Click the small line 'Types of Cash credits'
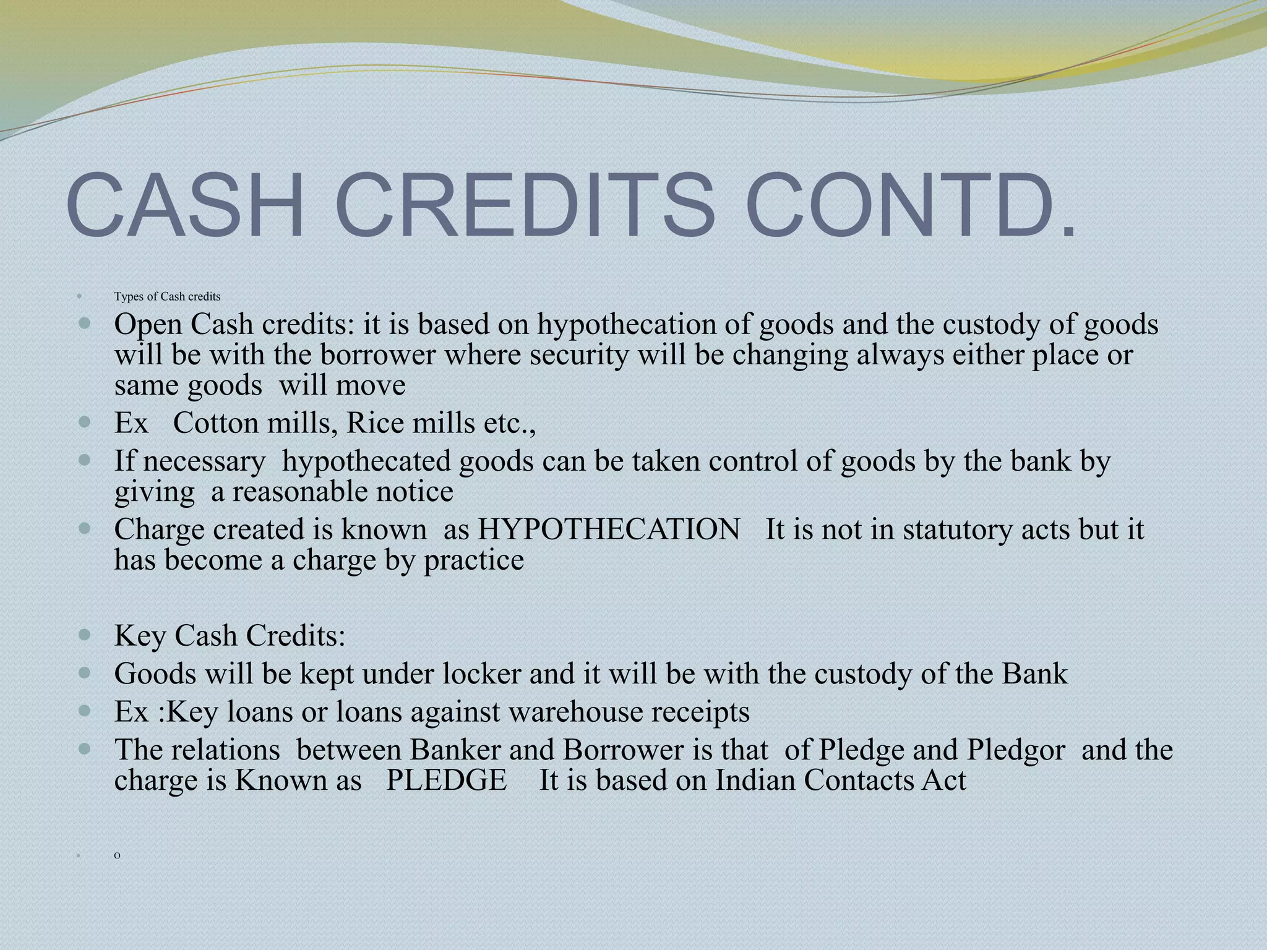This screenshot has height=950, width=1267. (167, 297)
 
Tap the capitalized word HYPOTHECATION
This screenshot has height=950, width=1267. (609, 530)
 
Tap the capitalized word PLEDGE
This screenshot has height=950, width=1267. (446, 781)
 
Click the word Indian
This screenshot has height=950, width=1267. (755, 781)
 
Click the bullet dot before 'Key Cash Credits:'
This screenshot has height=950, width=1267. (85, 635)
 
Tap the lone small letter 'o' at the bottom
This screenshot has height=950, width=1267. (118, 855)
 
